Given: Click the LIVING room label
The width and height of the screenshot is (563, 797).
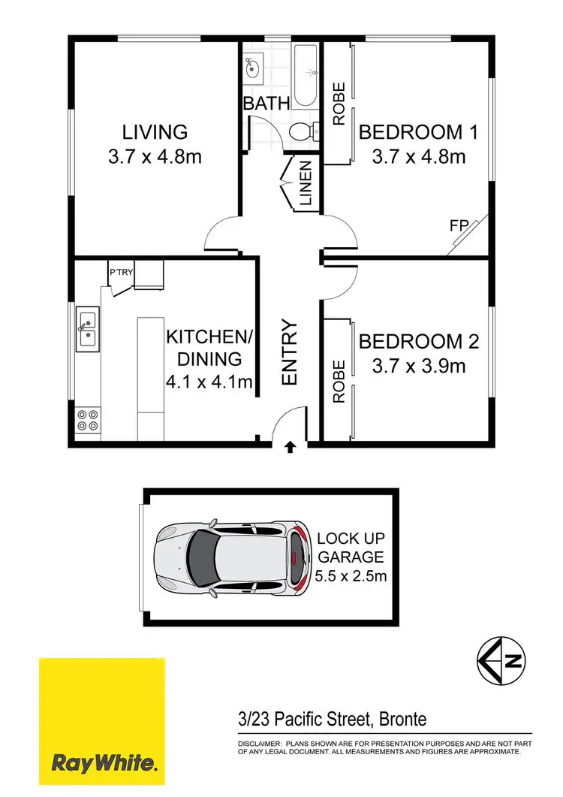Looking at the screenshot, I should [x=155, y=132].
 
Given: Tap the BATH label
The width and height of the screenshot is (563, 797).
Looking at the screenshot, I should [x=266, y=104].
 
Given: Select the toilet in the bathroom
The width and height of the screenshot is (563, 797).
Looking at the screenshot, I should [x=302, y=132].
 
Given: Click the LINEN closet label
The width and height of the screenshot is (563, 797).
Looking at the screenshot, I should [x=306, y=184].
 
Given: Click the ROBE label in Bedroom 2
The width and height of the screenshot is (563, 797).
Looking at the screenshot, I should [x=339, y=382].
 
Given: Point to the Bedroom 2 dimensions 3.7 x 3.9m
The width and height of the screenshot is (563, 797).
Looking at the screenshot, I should [x=419, y=366].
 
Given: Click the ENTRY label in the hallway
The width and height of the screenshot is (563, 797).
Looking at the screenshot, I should [x=290, y=353].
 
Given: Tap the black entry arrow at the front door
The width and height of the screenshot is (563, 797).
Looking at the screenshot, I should [x=291, y=448].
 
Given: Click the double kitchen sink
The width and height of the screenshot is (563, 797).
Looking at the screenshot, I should [x=87, y=331].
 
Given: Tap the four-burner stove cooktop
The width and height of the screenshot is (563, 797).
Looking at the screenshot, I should [x=87, y=418].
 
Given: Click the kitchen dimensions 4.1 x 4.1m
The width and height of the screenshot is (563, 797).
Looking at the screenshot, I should [x=209, y=382].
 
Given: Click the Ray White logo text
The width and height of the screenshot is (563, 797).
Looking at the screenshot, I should [x=104, y=765].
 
